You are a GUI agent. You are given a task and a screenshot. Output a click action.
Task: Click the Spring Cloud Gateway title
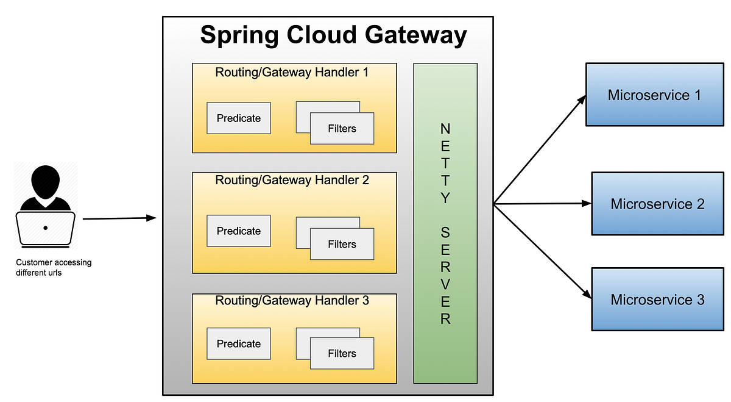click(333, 35)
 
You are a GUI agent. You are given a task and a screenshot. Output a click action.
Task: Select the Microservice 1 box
click(654, 95)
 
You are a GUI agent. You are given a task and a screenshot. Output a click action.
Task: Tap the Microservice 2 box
click(657, 204)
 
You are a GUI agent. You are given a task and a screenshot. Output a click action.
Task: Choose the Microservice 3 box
click(657, 300)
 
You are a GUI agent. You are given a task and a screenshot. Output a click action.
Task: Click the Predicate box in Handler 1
click(239, 118)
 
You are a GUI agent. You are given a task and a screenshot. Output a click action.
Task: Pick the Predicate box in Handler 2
click(239, 231)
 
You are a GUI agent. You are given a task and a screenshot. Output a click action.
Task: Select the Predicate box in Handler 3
click(239, 344)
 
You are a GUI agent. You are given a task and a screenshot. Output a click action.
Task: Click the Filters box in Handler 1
click(342, 129)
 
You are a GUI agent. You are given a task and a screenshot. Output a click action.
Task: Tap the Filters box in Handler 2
click(342, 245)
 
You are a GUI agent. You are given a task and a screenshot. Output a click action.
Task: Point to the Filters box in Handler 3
click(342, 354)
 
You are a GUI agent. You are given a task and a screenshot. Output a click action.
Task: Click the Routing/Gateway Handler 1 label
click(292, 73)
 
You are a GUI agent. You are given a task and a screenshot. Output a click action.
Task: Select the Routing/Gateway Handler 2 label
click(292, 181)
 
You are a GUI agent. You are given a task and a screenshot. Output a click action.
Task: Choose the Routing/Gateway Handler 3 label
click(292, 301)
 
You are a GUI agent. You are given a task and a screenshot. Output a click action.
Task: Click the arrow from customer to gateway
click(119, 218)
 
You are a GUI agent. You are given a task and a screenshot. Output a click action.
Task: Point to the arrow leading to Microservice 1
click(539, 149)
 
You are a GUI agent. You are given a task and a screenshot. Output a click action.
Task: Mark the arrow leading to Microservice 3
click(542, 250)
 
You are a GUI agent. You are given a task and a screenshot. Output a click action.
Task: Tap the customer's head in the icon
click(46, 181)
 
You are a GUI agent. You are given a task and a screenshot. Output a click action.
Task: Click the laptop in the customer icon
click(46, 228)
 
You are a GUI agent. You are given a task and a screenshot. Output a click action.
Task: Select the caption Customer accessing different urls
click(54, 268)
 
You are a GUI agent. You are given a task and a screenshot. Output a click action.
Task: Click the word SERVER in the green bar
click(445, 275)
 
